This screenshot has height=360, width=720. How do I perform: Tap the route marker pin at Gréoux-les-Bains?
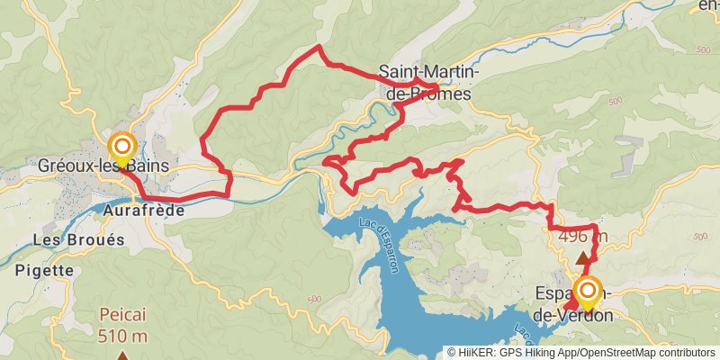121,148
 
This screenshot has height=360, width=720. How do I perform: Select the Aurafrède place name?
144,211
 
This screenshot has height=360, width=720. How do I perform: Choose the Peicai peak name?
123,318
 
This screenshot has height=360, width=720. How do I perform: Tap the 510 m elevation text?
123,337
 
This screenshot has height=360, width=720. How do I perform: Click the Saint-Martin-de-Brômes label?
429,81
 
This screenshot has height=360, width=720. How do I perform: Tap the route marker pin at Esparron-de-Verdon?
588,292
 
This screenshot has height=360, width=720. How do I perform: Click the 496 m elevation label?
582,238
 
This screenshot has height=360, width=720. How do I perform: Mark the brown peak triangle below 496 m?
582,257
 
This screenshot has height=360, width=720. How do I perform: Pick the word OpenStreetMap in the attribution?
620,353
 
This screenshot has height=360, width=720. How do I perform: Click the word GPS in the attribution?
510,353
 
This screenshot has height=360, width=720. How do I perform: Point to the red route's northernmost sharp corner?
319,46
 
